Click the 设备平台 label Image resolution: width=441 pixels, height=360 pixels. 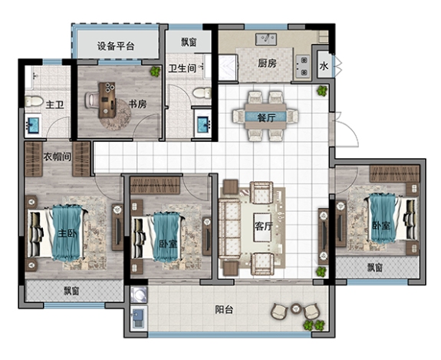pyautogui.click(x=116, y=46)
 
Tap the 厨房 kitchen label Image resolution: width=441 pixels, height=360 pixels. pyautogui.click(x=267, y=63)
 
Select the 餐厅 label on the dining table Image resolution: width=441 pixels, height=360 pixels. pyautogui.click(x=266, y=117)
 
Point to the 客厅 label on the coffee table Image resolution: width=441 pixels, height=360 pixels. pyautogui.click(x=264, y=226)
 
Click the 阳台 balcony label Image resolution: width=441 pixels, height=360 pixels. pyautogui.click(x=224, y=309)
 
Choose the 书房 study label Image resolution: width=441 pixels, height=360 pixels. pyautogui.click(x=137, y=104)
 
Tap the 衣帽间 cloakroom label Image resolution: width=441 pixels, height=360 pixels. pyautogui.click(x=57, y=157)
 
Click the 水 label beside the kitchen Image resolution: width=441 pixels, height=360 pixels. pyautogui.click(x=324, y=67)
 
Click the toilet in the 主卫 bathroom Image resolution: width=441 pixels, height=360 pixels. pyautogui.click(x=34, y=101)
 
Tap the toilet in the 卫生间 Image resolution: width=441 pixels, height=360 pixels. pyautogui.click(x=202, y=93)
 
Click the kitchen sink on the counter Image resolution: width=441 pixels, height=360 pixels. pyautogui.click(x=266, y=39)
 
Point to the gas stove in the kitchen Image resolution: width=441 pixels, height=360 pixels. pyautogui.click(x=303, y=67)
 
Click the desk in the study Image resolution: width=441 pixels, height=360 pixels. pyautogui.click(x=107, y=100)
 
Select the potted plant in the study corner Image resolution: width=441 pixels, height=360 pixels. pyautogui.click(x=155, y=71)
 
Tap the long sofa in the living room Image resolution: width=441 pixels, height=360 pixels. pyautogui.click(x=229, y=228)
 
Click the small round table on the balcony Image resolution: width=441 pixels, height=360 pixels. pyautogui.click(x=295, y=309)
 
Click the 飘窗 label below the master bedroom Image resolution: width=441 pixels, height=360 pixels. pyautogui.click(x=71, y=291)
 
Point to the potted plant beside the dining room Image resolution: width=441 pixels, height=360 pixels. pyautogui.click(x=322, y=91)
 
